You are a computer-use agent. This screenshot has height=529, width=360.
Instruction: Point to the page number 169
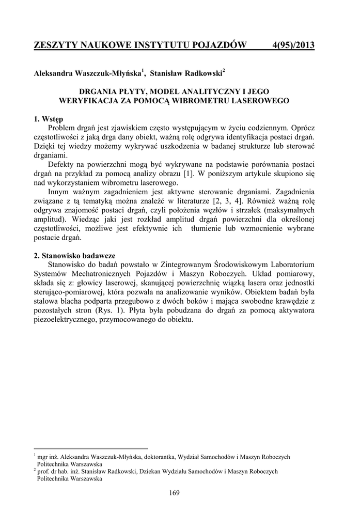click(x=174, y=493)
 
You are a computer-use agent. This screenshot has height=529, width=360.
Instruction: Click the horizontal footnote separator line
click(x=90, y=449)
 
